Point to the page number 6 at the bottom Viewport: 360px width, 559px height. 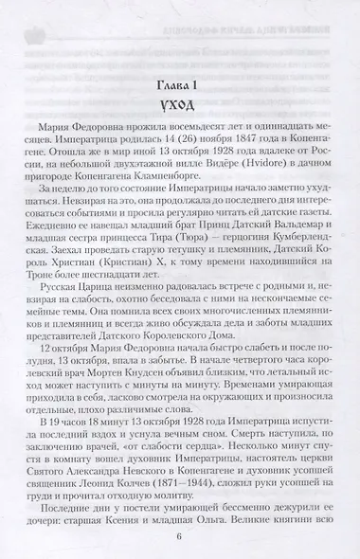tap(179, 533)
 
